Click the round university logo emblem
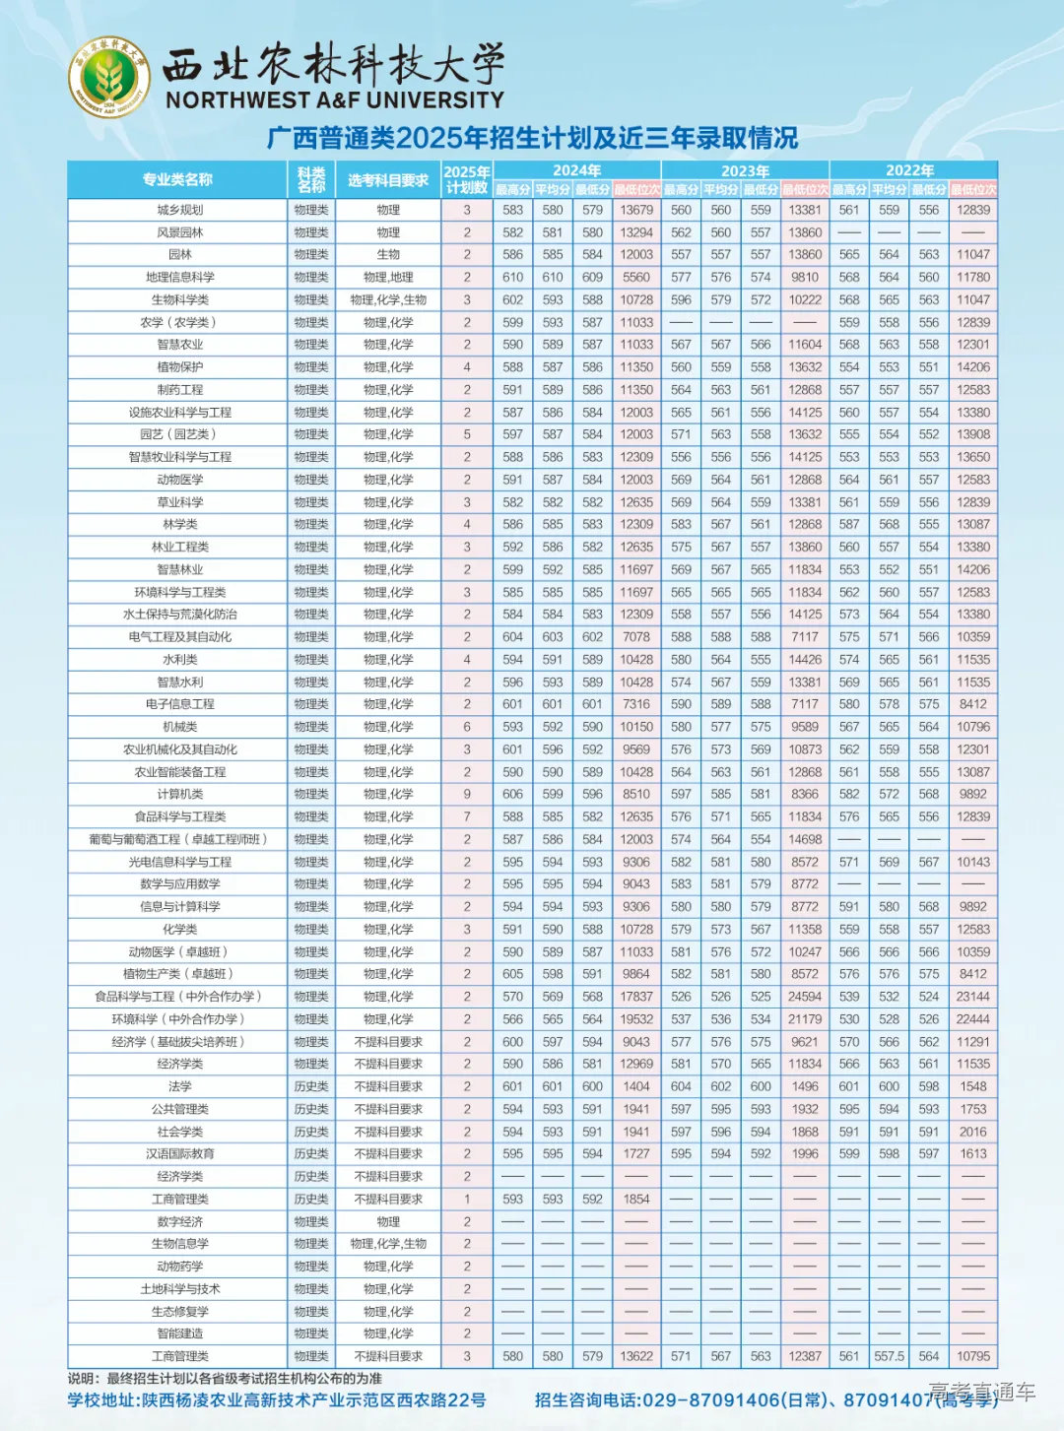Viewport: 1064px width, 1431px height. [108, 76]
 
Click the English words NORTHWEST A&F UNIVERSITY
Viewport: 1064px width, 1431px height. [335, 99]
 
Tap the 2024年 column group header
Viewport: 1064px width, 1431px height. [576, 170]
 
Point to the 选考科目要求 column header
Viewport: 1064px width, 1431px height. [388, 180]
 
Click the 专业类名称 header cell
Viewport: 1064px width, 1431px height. [177, 180]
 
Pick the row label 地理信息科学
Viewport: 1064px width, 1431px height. [180, 278]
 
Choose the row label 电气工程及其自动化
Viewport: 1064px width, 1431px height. [180, 637]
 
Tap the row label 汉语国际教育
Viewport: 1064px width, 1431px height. [180, 1154]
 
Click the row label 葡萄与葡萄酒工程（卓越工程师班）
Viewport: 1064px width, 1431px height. [178, 839]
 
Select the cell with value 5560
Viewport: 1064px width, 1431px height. [636, 278]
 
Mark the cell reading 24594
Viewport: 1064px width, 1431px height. [805, 997]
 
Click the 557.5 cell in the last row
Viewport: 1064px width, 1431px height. [889, 1356]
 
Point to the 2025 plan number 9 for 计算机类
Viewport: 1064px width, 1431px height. [467, 794]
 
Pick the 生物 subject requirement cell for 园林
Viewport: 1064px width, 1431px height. [388, 254]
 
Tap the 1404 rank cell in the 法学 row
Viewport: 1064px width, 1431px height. [636, 1086]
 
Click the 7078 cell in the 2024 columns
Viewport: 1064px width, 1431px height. [636, 637]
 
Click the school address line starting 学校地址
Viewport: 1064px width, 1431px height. [277, 1399]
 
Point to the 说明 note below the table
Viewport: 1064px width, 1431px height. [225, 1379]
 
